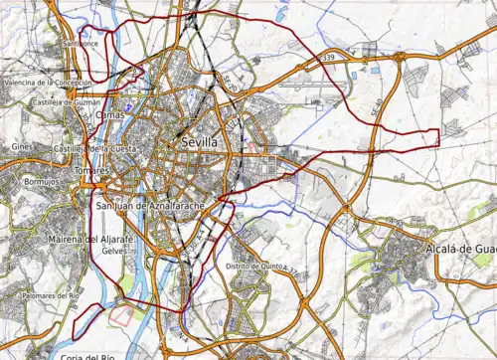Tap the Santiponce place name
tap(80, 45)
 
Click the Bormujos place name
tap(41, 183)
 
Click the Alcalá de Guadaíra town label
tap(459, 249)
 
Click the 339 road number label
tap(328, 60)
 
